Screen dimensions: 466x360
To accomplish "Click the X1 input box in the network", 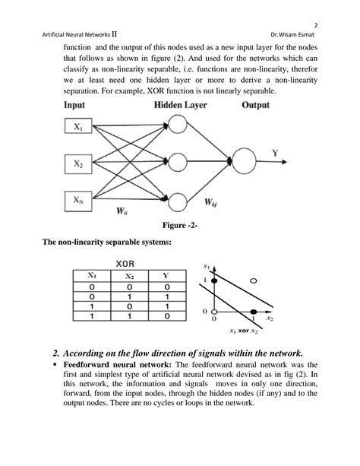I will click(79, 129).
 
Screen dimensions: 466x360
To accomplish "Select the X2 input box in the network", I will click(79, 163).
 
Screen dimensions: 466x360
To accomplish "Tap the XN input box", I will click(79, 200).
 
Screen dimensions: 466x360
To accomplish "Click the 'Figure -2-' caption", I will click(180, 226).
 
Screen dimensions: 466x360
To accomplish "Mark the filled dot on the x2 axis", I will click(254, 312).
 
